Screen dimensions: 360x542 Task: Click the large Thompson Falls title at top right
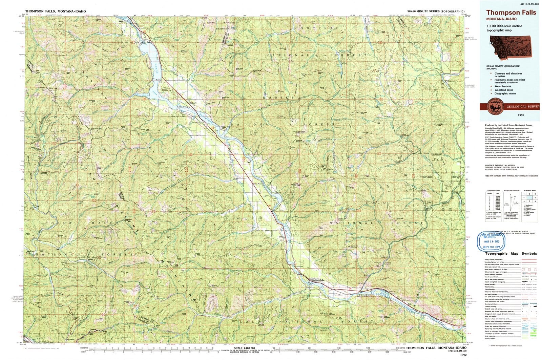pos(511,13)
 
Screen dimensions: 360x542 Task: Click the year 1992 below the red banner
pos(510,115)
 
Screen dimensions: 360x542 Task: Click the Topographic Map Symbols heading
pos(511,253)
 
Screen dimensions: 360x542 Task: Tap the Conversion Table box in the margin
pos(494,205)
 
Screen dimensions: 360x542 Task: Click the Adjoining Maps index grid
pos(530,205)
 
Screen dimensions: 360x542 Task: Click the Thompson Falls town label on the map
pos(317,280)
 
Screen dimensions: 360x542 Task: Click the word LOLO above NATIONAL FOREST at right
pos(371,202)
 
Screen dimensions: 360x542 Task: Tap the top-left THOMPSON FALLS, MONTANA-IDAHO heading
pos(56,11)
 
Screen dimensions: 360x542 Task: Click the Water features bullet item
pos(503,86)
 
